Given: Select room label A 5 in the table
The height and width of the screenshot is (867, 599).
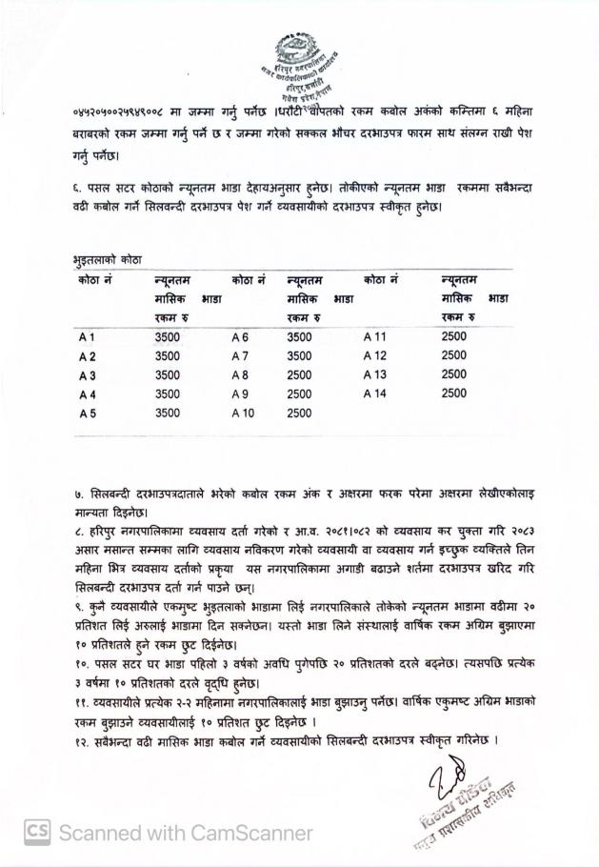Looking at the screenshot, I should (88, 413).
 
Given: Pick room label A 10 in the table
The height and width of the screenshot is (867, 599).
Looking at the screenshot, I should (244, 413).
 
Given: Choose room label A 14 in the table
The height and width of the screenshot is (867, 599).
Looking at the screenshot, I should (375, 393).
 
